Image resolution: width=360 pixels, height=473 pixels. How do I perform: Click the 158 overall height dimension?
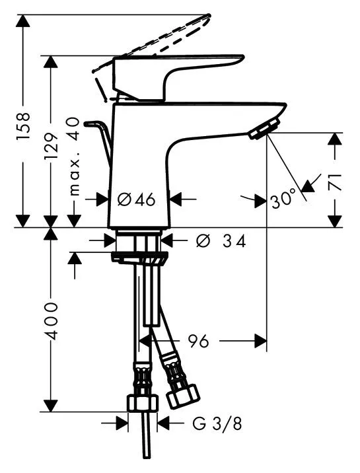click(24, 126)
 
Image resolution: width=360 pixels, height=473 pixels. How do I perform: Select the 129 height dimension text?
click(51, 146)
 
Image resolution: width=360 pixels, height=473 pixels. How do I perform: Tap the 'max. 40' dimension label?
click(74, 157)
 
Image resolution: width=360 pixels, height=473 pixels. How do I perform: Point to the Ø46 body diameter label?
click(136, 200)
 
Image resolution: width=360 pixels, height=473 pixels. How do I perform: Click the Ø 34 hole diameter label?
click(221, 241)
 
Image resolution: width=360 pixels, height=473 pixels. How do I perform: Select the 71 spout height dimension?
click(335, 182)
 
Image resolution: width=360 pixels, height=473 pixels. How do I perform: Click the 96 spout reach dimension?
click(198, 341)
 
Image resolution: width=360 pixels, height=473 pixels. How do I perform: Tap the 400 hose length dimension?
click(51, 321)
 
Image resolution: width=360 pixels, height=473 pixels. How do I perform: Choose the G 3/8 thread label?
click(217, 424)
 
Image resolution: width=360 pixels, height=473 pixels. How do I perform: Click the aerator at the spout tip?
click(264, 129)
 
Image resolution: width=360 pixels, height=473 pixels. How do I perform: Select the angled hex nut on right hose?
click(184, 395)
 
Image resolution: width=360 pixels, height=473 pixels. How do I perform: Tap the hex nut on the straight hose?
click(142, 403)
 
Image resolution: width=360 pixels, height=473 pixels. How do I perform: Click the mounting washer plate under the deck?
click(139, 258)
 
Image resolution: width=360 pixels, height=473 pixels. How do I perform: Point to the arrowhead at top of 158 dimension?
click(23, 20)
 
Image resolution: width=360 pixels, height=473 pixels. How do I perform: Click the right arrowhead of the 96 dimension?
click(261, 341)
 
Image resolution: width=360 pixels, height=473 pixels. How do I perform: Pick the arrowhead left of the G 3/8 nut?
click(122, 423)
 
